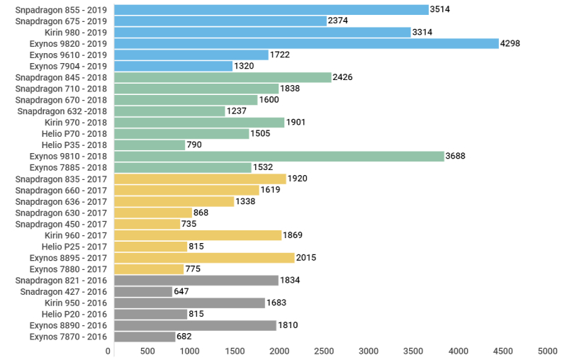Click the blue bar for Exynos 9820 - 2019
306,43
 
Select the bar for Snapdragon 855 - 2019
271,9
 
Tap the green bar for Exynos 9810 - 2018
279,156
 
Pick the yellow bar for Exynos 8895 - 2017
204,258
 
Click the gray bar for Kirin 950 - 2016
189,303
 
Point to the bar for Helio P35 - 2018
150,145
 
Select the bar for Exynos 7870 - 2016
145,337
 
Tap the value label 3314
422,32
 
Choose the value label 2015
307,258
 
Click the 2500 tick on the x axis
324,351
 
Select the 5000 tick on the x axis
546,351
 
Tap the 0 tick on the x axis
108,351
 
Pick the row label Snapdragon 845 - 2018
61,77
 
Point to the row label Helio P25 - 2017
74,247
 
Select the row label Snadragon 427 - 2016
63,291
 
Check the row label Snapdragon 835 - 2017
61,179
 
